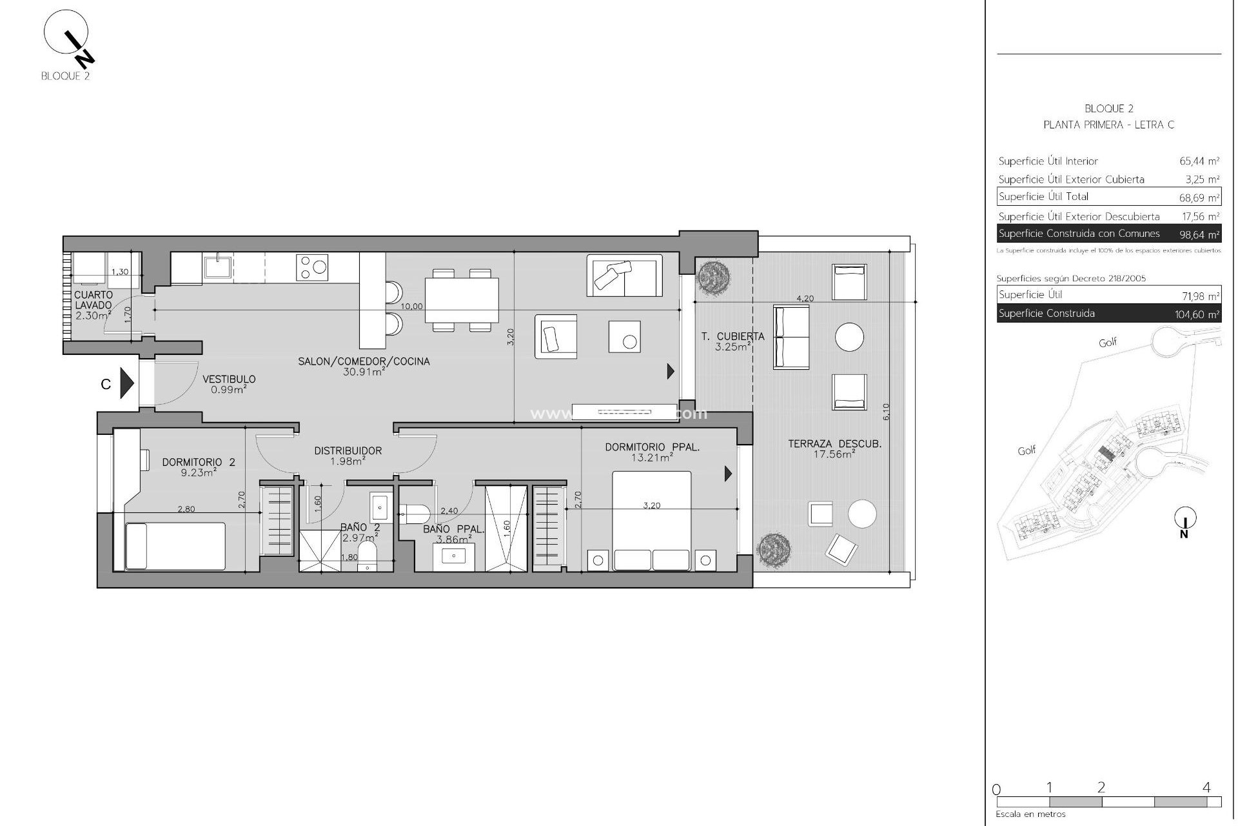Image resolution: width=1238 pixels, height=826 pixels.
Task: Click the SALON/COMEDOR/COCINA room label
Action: [x=364, y=361]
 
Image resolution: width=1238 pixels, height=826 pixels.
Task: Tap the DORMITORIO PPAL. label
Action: [x=652, y=447]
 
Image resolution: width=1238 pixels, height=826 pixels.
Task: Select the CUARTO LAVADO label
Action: [x=93, y=300]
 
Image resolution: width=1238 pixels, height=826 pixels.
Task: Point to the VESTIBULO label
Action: [x=229, y=379]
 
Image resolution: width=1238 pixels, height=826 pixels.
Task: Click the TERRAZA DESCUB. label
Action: [x=834, y=444]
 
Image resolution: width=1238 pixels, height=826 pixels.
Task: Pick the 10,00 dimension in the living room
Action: [x=411, y=307]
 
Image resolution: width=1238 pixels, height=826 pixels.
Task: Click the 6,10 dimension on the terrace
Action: [x=885, y=412]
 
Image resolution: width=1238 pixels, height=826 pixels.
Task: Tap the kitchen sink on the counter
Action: [x=219, y=267]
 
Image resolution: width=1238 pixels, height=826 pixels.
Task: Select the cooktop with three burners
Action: [x=312, y=267]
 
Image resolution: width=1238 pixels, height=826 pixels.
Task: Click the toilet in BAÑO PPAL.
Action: [x=415, y=514]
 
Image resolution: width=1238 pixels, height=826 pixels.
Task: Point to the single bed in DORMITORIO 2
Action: [x=175, y=546]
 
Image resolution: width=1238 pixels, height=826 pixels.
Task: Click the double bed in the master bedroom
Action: [x=651, y=521]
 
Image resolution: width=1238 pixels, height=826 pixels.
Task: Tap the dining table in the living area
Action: [x=462, y=300]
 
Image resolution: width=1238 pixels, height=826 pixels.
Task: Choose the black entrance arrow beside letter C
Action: [x=127, y=384]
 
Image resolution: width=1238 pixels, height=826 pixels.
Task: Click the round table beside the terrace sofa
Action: [x=849, y=337]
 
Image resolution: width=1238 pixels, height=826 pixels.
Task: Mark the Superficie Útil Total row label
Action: [x=1043, y=197]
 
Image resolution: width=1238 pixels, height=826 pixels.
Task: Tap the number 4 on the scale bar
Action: [x=1206, y=787]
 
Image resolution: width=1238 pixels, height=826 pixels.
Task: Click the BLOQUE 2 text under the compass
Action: [x=65, y=76]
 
